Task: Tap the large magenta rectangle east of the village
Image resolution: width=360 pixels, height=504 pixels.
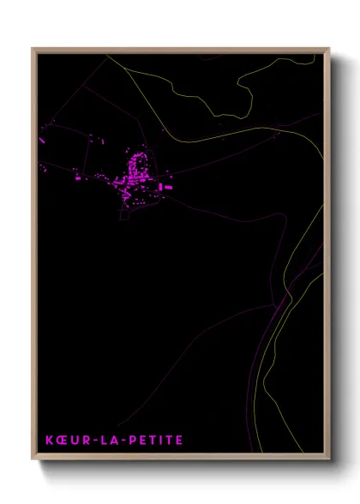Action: [x=167, y=186]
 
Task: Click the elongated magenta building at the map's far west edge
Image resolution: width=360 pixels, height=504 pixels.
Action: [x=42, y=139]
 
